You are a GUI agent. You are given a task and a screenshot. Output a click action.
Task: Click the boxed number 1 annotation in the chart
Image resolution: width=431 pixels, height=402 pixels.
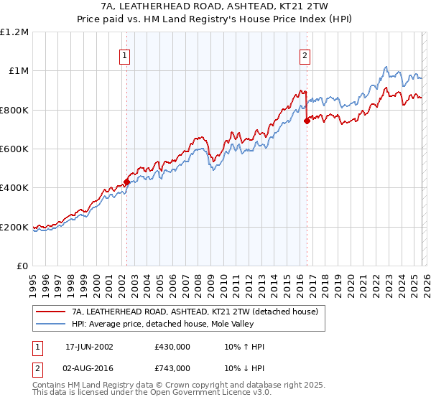[x=125, y=55]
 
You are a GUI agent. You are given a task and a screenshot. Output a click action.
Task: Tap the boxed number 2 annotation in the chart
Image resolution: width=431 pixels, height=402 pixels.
[x=305, y=55]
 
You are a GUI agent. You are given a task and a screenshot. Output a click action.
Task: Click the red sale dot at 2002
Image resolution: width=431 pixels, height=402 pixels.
[x=127, y=182]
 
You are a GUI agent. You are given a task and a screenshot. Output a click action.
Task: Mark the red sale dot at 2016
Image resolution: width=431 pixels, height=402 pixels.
[x=307, y=121]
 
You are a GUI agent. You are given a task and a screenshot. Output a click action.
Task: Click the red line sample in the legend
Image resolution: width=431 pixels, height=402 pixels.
[x=50, y=312]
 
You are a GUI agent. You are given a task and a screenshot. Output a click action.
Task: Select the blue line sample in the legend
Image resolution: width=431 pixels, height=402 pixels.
[x=50, y=324]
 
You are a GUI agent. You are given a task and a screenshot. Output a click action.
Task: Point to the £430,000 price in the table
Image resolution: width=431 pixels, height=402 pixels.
[x=172, y=347]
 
